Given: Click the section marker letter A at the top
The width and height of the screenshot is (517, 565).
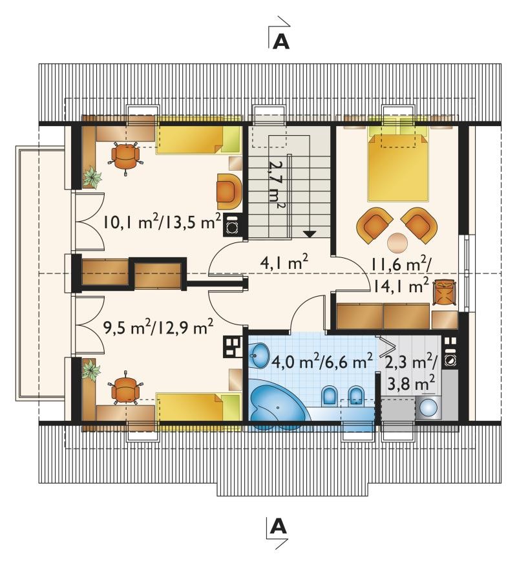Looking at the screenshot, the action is [281, 41].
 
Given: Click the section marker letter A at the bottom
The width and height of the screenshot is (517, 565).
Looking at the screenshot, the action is [278, 526].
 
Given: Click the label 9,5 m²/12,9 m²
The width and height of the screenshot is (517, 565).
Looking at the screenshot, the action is [158, 327].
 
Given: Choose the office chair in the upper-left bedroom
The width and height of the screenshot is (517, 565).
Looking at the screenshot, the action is [125, 158].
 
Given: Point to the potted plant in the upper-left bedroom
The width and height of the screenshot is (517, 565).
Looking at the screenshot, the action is [92, 177].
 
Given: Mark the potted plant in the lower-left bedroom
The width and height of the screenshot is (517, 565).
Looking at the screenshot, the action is [90, 370].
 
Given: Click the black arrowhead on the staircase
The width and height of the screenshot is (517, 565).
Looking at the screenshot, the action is [310, 233].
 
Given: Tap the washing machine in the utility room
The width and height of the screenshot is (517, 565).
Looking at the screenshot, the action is [429, 409].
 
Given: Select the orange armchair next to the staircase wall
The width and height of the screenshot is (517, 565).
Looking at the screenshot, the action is [228, 191].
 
